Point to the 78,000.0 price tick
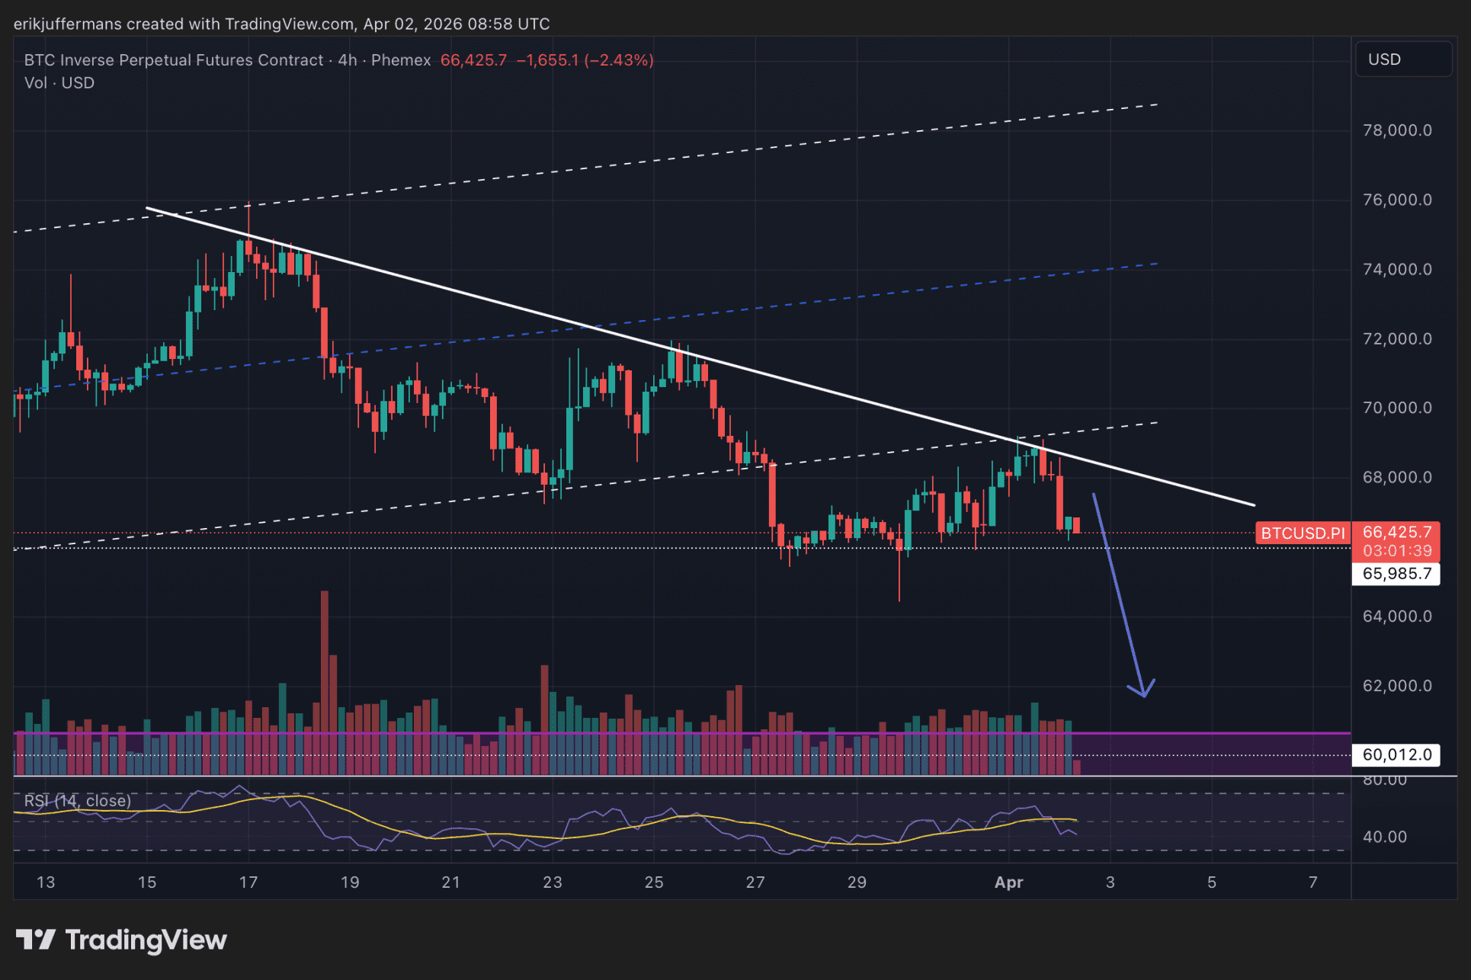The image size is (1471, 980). [1396, 130]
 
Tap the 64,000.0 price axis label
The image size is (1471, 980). [1396, 616]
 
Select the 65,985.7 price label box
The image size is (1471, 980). [1396, 573]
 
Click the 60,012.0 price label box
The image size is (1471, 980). [1396, 754]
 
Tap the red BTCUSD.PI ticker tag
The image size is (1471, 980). [1303, 533]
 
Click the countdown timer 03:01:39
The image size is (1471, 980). [1396, 550]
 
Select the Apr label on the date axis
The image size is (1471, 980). [1008, 882]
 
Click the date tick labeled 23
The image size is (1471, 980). [552, 882]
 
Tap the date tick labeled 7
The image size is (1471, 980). [1312, 882]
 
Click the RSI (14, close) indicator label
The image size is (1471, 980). [78, 800]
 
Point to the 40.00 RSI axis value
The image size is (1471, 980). [1384, 837]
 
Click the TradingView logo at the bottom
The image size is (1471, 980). [122, 940]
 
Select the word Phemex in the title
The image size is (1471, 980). [401, 60]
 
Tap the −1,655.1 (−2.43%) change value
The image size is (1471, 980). [585, 60]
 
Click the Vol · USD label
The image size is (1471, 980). [59, 83]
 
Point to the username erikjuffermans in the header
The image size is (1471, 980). [67, 24]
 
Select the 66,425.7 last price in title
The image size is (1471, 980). [473, 60]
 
